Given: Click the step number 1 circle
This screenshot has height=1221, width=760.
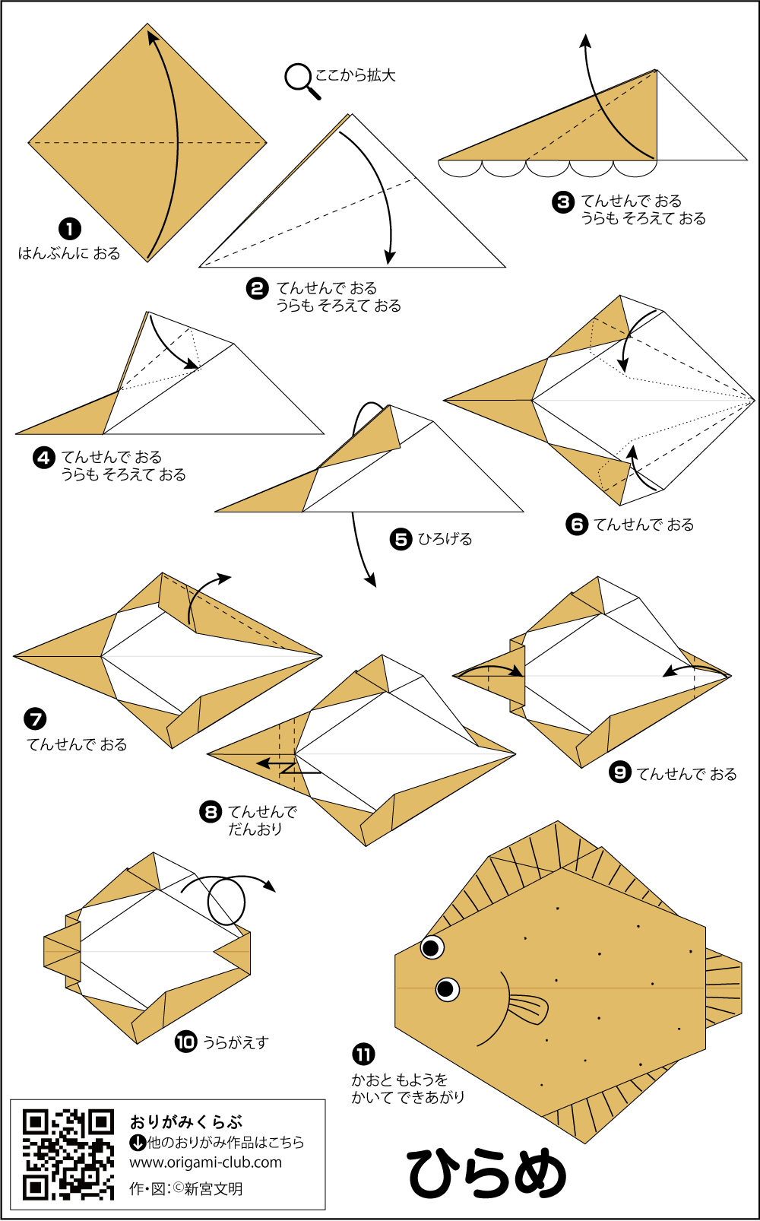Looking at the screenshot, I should click(70, 229).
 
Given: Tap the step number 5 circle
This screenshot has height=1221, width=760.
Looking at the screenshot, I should click(401, 539).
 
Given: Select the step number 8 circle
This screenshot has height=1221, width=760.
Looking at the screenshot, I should click(211, 812).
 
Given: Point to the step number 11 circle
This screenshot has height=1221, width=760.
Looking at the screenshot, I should click(363, 1054).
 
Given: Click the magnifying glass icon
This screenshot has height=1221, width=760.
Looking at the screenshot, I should click(301, 80).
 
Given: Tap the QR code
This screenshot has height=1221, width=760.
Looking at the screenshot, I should click(68, 1154).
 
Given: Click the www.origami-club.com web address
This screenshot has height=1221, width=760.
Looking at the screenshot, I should click(205, 1162).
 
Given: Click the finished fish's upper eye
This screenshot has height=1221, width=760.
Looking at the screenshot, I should click(432, 947).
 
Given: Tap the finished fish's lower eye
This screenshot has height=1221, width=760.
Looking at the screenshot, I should click(447, 989).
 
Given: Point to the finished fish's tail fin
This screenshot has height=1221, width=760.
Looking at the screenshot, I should click(723, 987).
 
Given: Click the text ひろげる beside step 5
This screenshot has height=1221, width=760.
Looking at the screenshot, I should click(445, 539).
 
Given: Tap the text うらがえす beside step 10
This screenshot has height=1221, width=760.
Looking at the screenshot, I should click(236, 1042).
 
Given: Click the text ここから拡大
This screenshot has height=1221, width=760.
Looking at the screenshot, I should click(355, 75).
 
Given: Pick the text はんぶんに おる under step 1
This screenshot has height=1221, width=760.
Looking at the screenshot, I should click(69, 253).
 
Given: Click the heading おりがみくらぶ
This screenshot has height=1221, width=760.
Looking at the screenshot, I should click(186, 1121).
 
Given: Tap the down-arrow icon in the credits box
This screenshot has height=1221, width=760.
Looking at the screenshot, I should click(138, 1142).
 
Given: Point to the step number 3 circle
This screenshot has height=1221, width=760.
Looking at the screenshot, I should click(563, 201).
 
